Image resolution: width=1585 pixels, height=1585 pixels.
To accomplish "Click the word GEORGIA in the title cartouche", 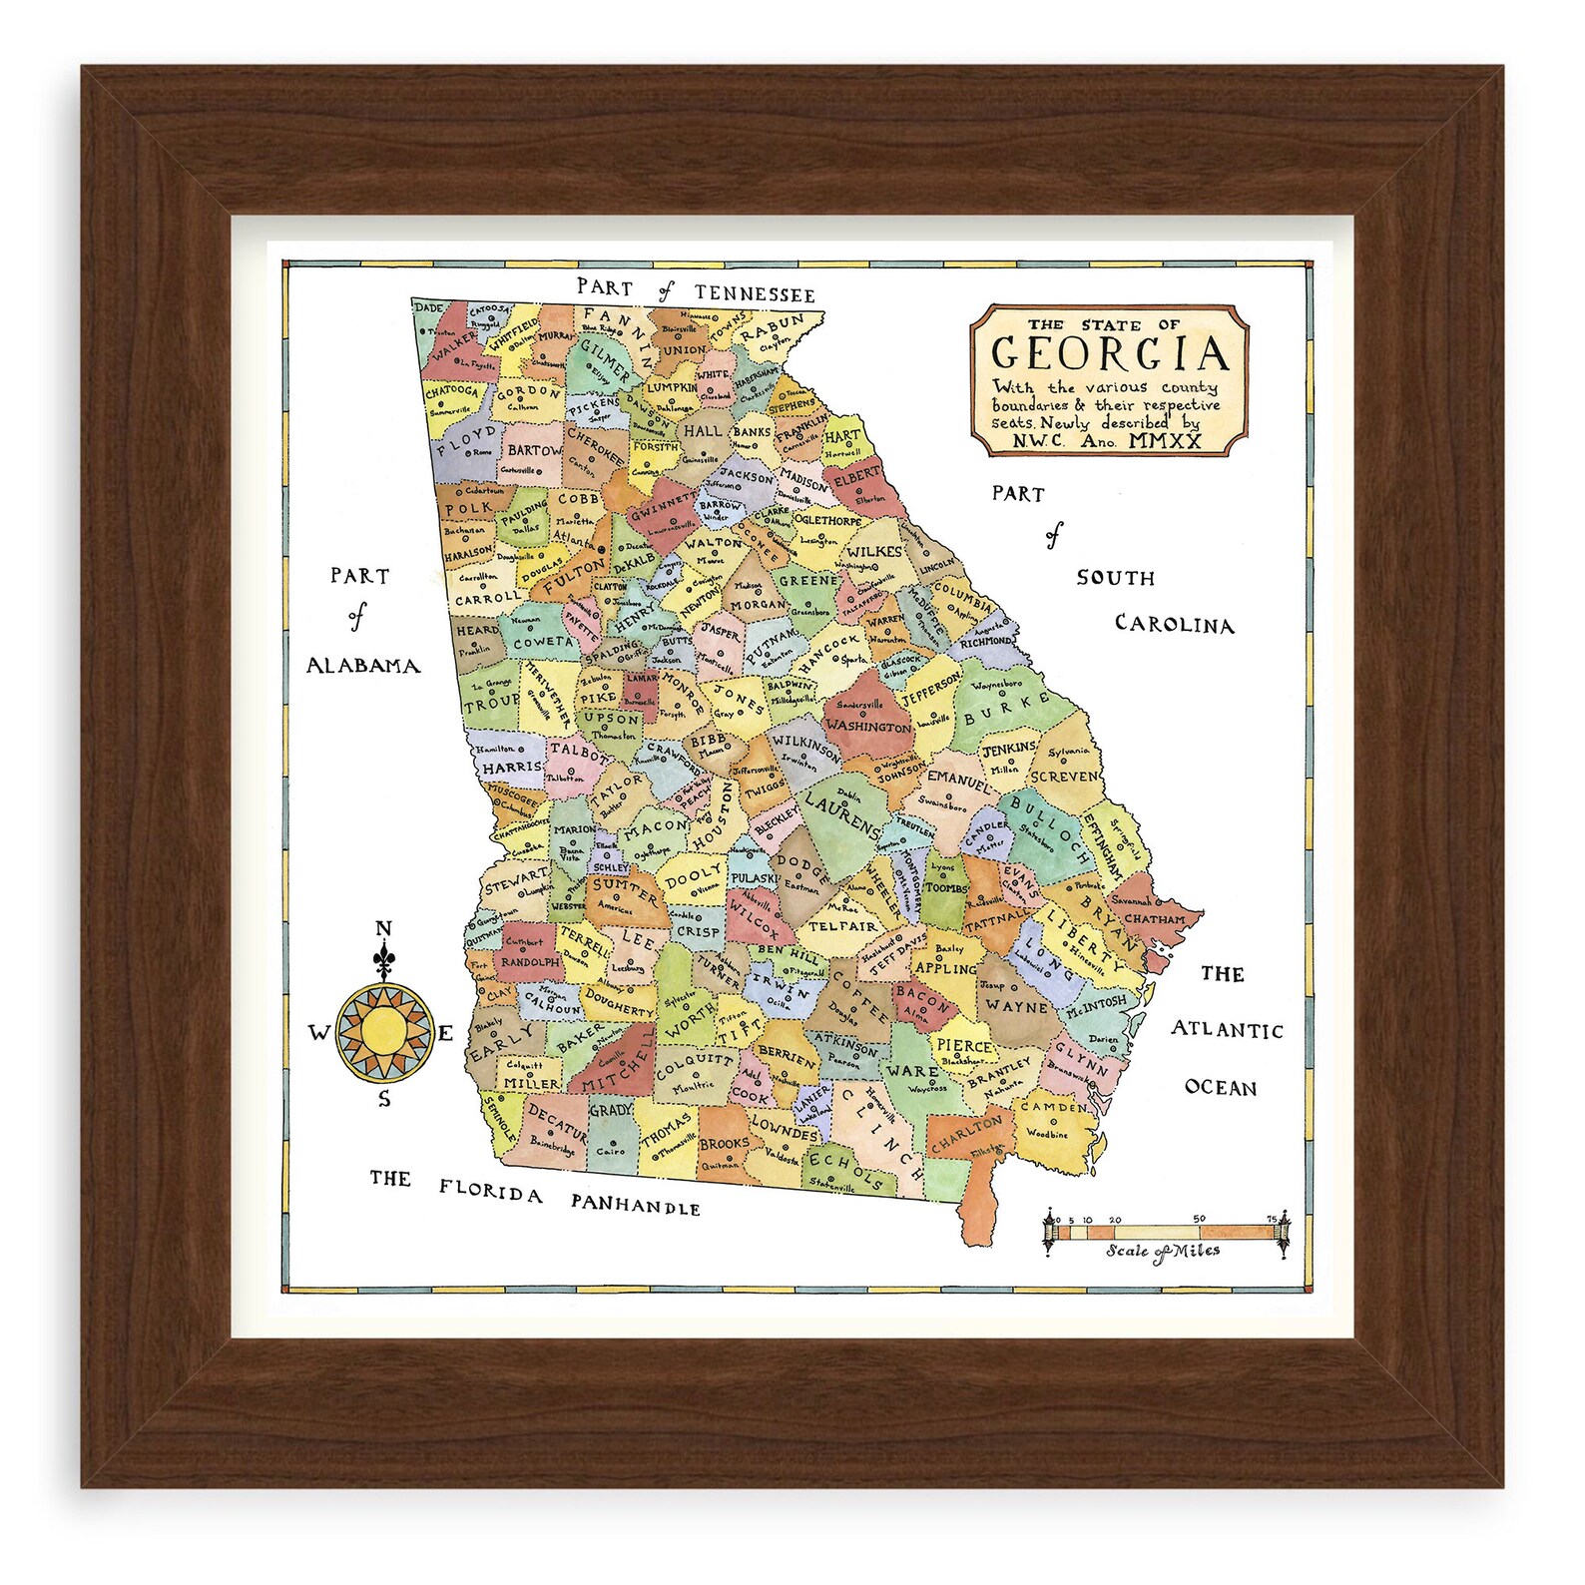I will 1109,353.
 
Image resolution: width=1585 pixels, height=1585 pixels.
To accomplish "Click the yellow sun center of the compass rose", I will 383,1033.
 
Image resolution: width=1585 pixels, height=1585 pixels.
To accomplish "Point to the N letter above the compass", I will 383,930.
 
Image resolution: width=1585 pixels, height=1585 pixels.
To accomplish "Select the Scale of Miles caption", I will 1162,1252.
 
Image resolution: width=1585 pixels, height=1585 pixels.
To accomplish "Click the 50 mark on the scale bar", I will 1199,1219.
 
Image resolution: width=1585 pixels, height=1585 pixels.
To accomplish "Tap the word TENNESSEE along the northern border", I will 755,293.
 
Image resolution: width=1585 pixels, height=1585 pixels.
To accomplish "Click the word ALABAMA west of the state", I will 362,666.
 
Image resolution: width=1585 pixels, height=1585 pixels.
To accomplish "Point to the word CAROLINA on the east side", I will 1174,625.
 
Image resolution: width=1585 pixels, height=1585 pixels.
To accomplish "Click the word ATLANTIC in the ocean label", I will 1227,1029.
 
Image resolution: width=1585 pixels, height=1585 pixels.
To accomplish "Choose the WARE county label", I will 912,1071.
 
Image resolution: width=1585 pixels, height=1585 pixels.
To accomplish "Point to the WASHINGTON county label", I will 868,726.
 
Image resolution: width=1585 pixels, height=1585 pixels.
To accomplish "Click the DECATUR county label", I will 556,1121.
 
